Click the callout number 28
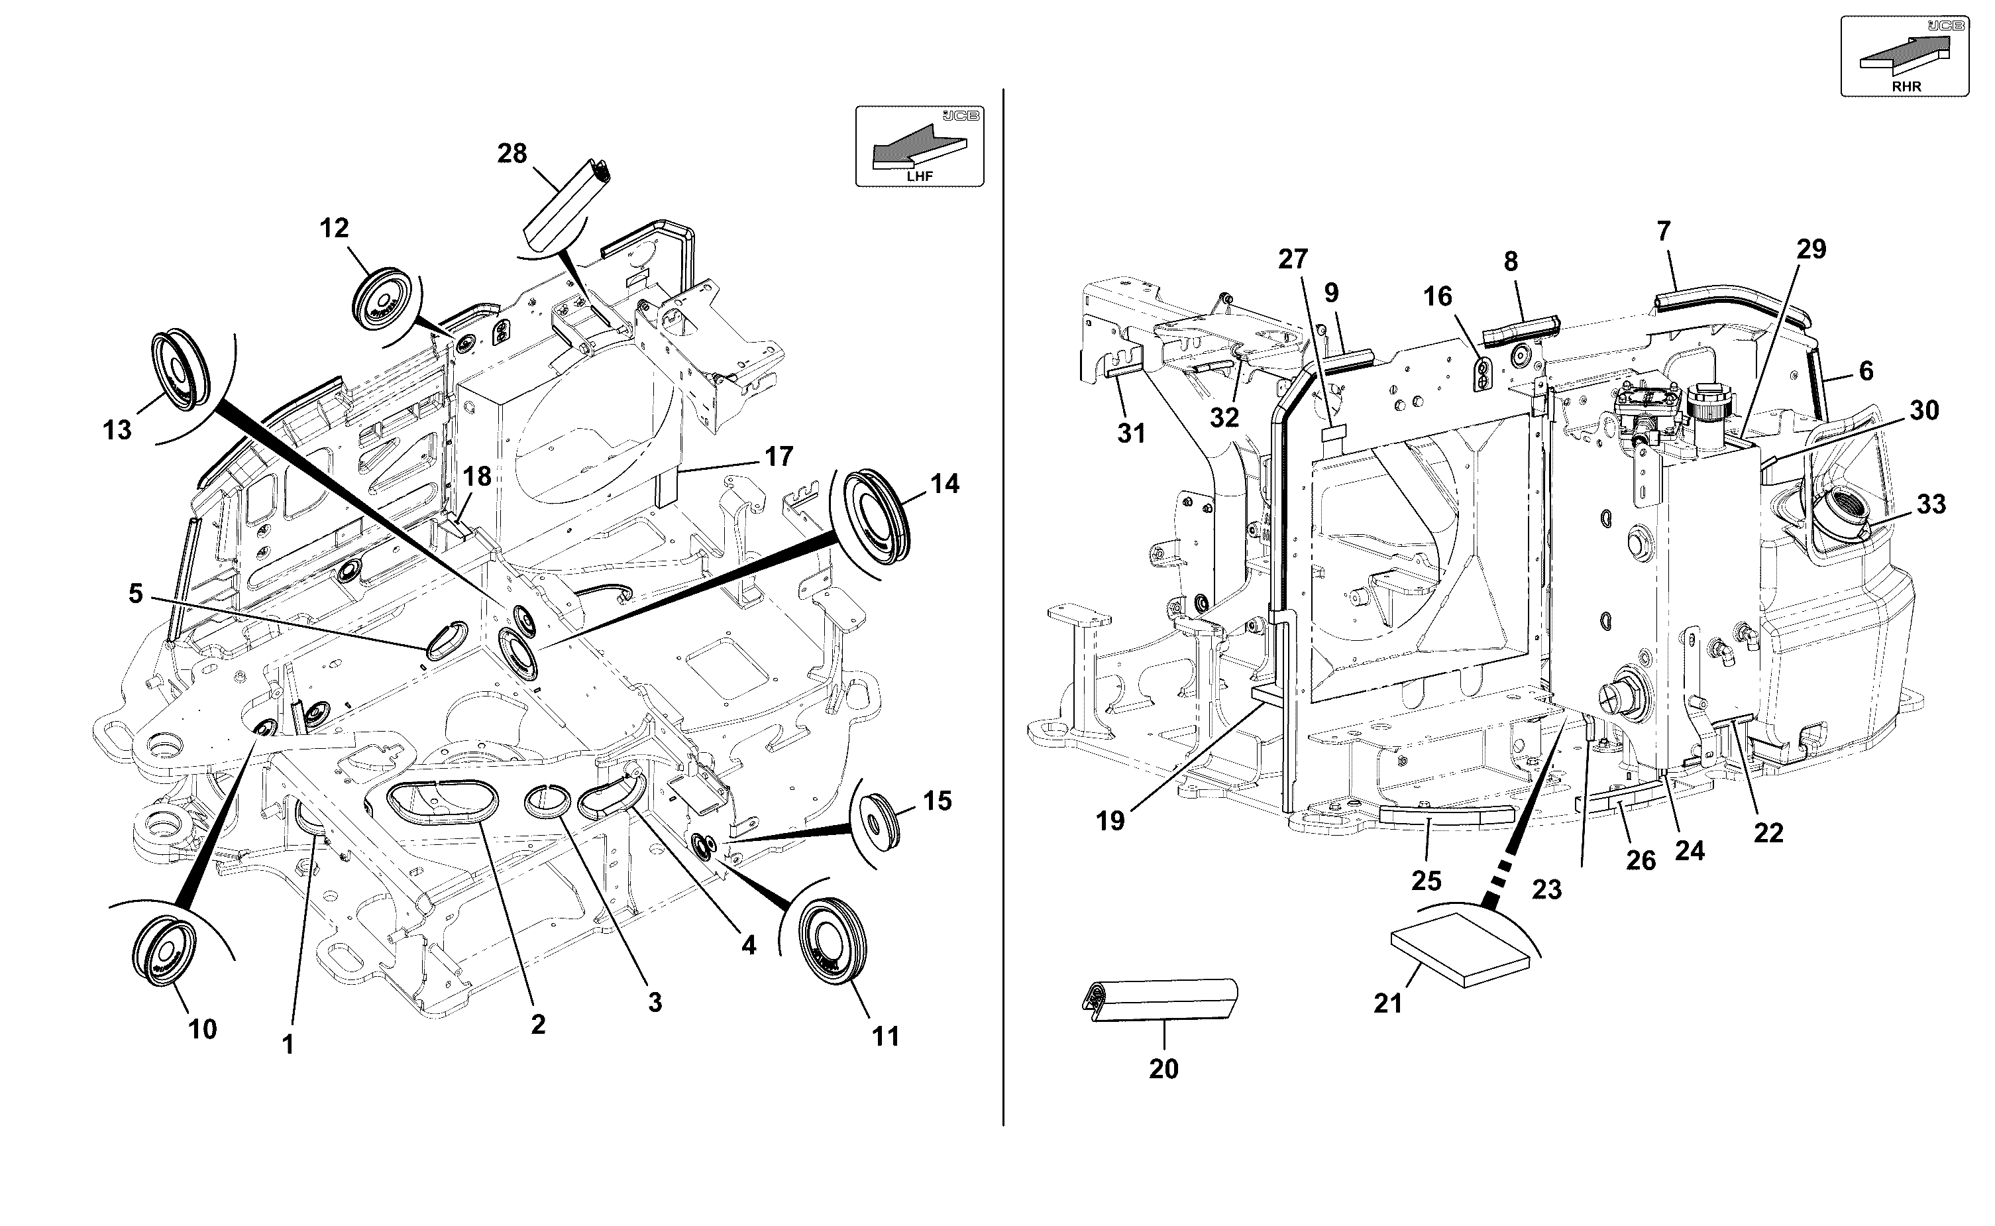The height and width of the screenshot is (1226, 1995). point(512,153)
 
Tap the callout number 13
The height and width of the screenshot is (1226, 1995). point(117,429)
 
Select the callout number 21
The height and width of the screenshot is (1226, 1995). point(1388,1004)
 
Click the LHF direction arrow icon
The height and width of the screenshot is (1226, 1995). point(919,146)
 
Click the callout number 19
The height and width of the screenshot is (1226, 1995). point(1110,821)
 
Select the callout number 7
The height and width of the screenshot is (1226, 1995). point(1664,232)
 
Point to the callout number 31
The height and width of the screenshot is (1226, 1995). point(1132,434)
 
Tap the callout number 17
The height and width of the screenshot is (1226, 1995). point(779,457)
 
